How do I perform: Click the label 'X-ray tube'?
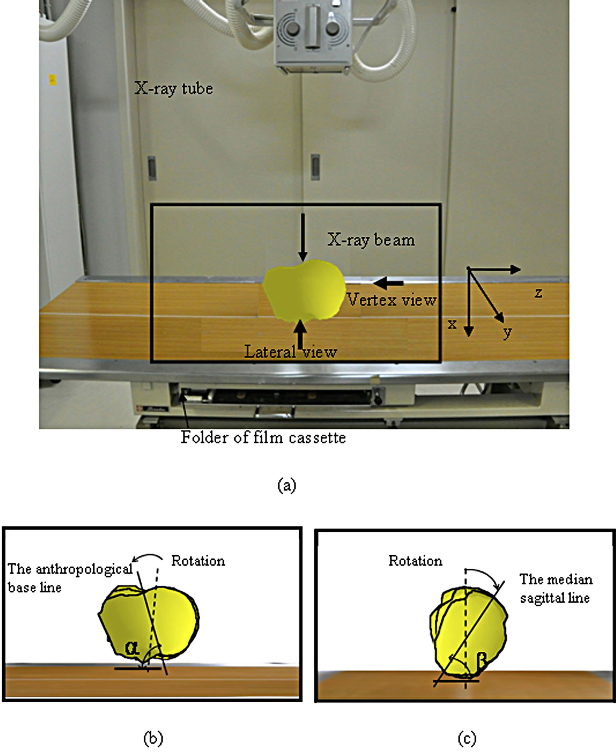[174, 89]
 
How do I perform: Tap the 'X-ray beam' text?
[371, 240]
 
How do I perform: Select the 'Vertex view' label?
[391, 300]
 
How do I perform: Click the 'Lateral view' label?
[291, 352]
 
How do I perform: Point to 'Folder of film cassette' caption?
[263, 438]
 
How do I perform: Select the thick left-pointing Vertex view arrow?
[389, 283]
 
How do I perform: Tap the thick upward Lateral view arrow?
[300, 335]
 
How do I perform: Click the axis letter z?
[538, 292]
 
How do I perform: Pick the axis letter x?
[452, 324]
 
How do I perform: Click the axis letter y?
[507, 332]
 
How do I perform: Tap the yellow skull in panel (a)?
[304, 292]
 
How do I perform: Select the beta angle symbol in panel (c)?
[482, 660]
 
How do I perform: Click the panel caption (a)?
[287, 485]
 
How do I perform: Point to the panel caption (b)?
[153, 738]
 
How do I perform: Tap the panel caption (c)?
[467, 738]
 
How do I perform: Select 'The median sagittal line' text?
[555, 588]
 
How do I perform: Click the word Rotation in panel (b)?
[198, 561]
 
